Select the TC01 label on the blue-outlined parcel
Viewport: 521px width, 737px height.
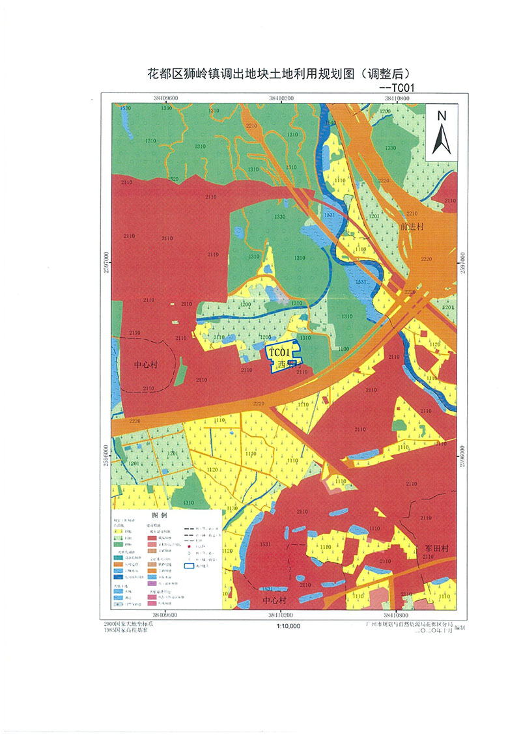click(279, 351)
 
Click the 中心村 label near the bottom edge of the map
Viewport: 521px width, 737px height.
click(274, 600)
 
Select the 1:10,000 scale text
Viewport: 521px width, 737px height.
click(288, 626)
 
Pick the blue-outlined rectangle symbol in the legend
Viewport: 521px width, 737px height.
click(191, 566)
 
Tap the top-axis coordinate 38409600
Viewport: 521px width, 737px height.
click(167, 98)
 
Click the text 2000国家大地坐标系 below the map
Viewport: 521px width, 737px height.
click(132, 624)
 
